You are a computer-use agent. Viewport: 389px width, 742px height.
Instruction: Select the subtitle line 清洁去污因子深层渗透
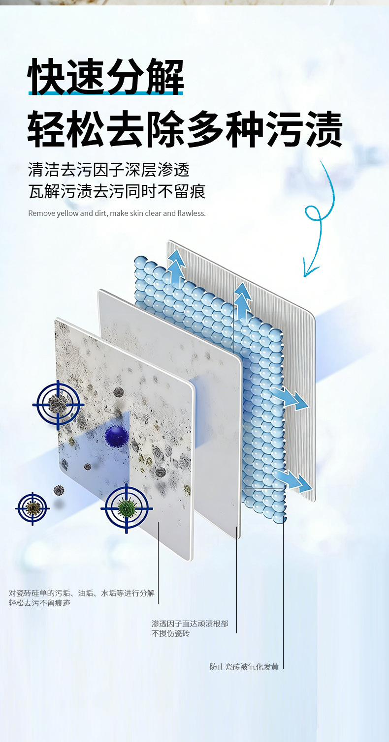(x=109, y=170)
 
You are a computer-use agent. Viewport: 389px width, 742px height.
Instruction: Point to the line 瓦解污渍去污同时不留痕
(x=117, y=191)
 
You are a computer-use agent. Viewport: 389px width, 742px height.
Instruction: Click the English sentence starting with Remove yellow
(x=117, y=213)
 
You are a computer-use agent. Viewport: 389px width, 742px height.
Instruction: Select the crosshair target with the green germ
(x=127, y=508)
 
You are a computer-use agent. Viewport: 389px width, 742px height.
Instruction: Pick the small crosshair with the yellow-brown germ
(x=32, y=508)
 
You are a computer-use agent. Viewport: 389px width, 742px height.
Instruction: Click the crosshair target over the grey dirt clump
(x=58, y=405)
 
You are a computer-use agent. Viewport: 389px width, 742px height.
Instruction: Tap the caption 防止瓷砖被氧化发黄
(x=244, y=667)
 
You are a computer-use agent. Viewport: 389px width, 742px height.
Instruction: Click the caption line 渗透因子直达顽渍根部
(x=190, y=623)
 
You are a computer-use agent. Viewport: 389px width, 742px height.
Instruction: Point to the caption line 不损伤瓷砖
(x=170, y=634)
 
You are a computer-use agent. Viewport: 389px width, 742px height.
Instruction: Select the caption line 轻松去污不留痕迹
(x=39, y=603)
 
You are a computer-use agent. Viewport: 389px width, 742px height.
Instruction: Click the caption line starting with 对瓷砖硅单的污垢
(x=81, y=593)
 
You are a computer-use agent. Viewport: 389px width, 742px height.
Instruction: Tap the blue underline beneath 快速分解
(x=106, y=92)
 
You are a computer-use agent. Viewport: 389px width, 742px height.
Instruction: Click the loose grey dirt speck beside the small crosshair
(x=59, y=490)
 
